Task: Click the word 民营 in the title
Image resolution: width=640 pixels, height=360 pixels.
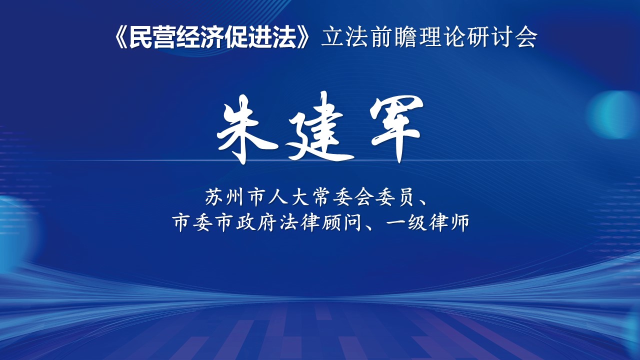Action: [152, 37]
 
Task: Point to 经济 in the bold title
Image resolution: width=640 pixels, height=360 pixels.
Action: [199, 37]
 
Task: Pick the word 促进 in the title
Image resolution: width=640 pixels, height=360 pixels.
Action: [247, 37]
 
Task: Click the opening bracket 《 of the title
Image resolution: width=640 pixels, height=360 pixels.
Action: [121, 37]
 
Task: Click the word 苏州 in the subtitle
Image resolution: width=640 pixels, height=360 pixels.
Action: [224, 197]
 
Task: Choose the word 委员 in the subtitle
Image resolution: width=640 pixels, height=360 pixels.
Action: [395, 197]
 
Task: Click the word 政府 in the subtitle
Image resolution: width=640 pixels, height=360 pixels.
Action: [255, 222]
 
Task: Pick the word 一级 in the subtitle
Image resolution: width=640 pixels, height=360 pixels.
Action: [406, 222]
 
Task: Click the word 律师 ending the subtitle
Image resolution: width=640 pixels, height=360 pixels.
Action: [449, 222]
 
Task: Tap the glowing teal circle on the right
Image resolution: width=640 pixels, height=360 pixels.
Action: [614, 115]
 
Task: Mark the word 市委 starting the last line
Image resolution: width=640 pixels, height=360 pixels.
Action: [191, 222]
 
